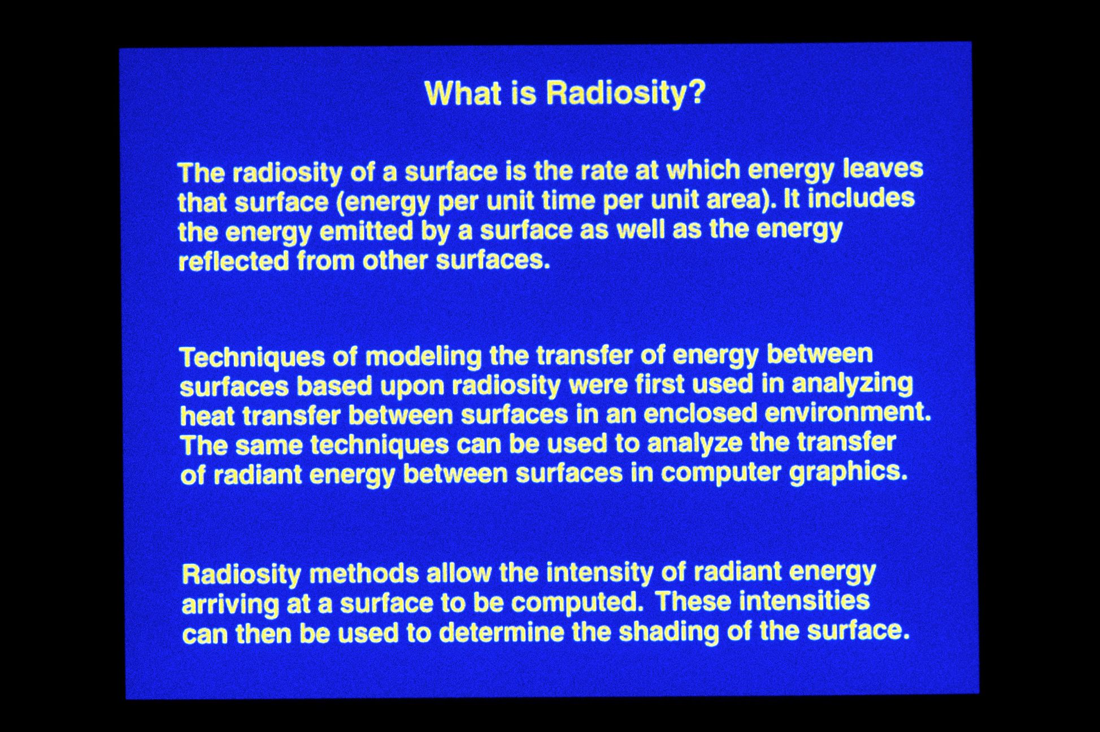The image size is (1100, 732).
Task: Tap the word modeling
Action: point(423,356)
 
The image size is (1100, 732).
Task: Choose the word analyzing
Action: point(852,384)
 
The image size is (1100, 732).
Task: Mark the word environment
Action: point(848,413)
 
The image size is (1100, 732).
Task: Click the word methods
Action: point(364,574)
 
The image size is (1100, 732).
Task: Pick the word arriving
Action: point(230,605)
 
